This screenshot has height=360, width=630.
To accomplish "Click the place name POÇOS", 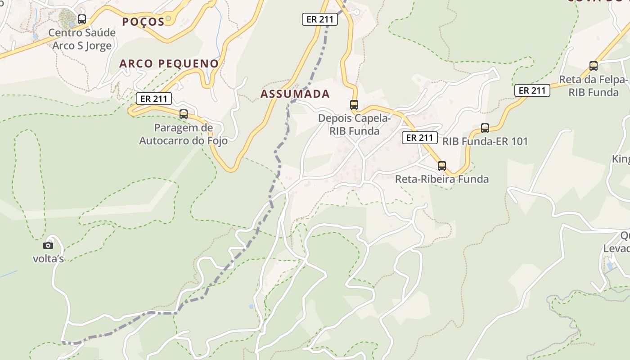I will [143, 22].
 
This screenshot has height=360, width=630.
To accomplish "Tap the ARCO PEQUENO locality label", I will [169, 63].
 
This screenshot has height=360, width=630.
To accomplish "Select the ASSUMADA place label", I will [295, 94].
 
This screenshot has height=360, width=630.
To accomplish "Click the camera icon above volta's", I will [48, 245].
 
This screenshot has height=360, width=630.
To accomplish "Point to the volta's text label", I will [48, 258].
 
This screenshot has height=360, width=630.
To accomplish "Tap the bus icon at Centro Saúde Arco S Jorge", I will [82, 19].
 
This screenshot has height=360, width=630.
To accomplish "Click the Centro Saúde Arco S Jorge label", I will [82, 39].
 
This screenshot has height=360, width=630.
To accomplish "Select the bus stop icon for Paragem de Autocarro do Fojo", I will [184, 114].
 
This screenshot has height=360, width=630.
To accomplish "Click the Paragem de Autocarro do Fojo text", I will [183, 134].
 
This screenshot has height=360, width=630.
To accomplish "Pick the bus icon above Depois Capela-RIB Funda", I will [354, 105].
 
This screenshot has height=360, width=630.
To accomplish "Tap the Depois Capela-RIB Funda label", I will [355, 125].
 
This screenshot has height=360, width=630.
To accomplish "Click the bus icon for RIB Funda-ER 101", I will [485, 128].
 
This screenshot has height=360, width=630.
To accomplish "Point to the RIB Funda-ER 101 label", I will [485, 141].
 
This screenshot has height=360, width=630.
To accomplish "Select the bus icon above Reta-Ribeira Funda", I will [442, 166].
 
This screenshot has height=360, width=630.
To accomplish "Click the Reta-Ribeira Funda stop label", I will [442, 179].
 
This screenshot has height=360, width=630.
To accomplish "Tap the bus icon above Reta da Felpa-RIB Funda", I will [594, 66].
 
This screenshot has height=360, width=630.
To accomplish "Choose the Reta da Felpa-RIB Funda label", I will [594, 86].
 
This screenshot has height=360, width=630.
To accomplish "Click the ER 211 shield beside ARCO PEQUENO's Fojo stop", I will [154, 99].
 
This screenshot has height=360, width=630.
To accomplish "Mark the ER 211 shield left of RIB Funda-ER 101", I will [419, 138].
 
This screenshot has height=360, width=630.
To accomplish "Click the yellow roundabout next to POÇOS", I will [169, 18].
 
